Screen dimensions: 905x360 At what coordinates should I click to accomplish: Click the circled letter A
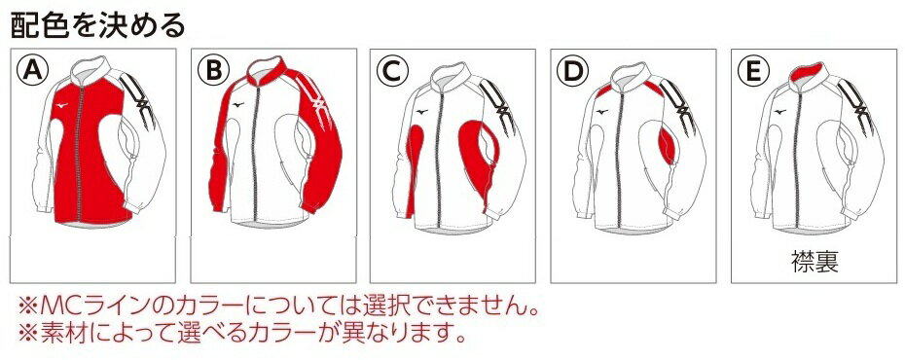coord(32,72)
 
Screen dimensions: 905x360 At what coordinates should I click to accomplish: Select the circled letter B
coord(213,72)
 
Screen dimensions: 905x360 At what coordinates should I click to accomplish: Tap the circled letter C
coord(392,72)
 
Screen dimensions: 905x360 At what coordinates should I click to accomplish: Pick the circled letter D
coord(573,72)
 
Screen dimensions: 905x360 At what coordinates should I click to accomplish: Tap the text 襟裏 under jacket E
coord(814,261)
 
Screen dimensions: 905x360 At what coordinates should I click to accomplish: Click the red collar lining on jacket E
coord(805,72)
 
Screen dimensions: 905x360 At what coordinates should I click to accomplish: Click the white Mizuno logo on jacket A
coord(60,105)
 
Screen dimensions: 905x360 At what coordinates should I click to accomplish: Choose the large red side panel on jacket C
coord(478,156)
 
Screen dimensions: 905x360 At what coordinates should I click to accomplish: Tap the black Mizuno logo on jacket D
coord(601,112)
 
